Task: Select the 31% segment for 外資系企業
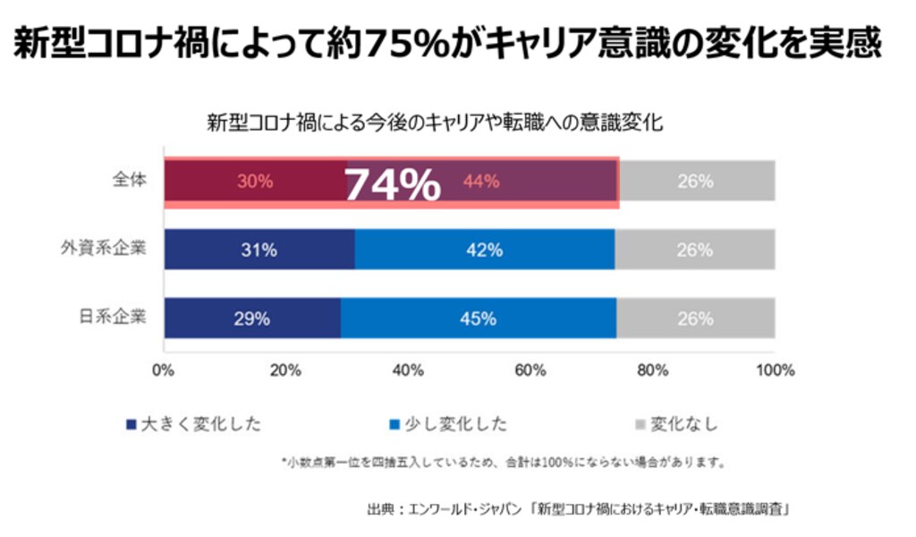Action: click(x=259, y=251)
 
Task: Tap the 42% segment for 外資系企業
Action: click(x=484, y=251)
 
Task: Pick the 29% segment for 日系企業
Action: click(x=252, y=319)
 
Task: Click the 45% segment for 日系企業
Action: click(x=478, y=319)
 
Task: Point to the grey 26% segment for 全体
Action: click(x=696, y=181)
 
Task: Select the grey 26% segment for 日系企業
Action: click(x=695, y=319)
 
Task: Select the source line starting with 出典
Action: click(x=581, y=510)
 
